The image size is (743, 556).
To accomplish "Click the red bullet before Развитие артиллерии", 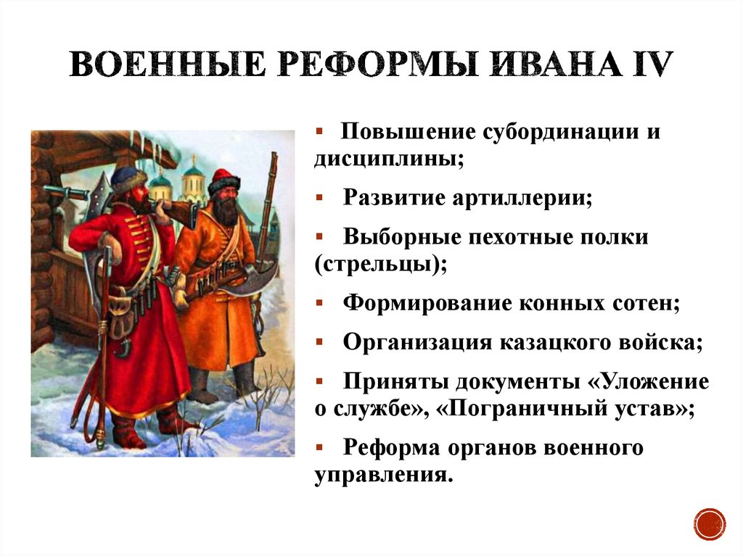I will [320, 195].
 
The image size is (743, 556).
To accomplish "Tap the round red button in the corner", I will [709, 523].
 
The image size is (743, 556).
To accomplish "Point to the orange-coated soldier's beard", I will [226, 208].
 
